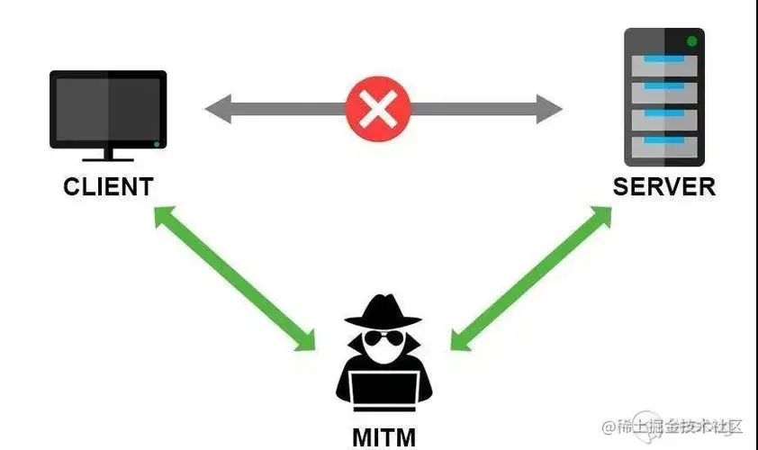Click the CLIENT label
108,186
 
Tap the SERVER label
663,186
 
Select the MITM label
384,437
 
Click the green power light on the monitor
157,144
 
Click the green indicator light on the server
691,41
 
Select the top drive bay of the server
663,66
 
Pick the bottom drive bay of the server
663,145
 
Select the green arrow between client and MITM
236,279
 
